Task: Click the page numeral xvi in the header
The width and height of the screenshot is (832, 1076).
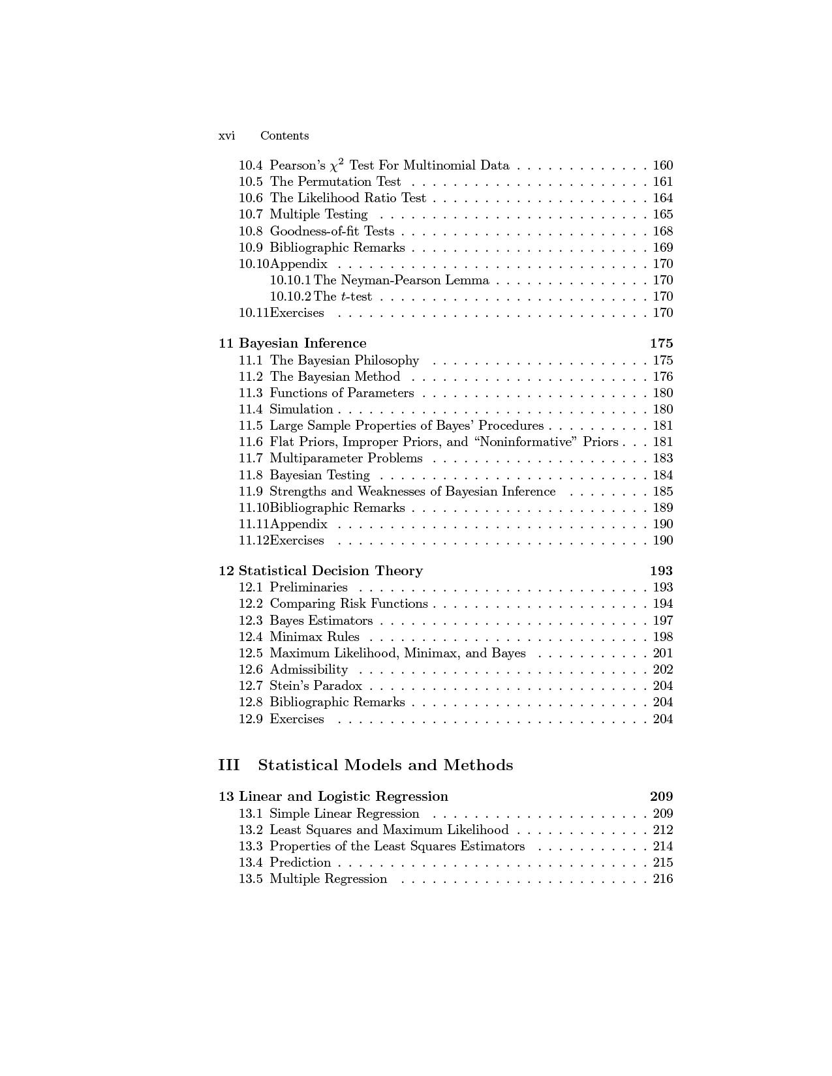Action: pos(226,136)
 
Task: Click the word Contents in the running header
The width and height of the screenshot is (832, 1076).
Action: pos(285,136)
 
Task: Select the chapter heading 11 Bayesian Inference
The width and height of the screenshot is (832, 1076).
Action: pos(292,343)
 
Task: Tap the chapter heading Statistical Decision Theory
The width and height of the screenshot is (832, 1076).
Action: pos(330,571)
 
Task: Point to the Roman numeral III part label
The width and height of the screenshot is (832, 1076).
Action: pos(229,765)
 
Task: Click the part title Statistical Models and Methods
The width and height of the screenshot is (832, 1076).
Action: pos(386,765)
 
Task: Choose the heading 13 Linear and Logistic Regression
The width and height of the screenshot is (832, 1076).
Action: pos(333,796)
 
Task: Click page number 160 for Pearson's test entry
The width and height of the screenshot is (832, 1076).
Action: pos(662,166)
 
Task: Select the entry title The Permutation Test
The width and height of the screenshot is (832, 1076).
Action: pos(335,182)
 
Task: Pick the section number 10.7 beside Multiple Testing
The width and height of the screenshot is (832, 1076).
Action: pos(251,215)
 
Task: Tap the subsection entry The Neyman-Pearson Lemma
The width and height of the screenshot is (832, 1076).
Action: pos(401,280)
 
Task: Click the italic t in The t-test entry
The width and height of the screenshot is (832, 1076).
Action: pos(343,297)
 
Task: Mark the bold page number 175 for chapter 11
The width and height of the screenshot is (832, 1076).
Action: pos(661,343)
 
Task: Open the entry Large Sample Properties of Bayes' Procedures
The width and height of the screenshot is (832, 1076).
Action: pos(407,426)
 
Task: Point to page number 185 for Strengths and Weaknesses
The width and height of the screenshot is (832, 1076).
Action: pos(662,492)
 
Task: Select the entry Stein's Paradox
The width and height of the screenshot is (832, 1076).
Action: pos(316,686)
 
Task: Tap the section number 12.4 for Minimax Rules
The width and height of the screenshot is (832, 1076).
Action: pos(251,637)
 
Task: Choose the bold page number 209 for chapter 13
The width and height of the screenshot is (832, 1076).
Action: pos(661,796)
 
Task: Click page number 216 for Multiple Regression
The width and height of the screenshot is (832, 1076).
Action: pos(662,879)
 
